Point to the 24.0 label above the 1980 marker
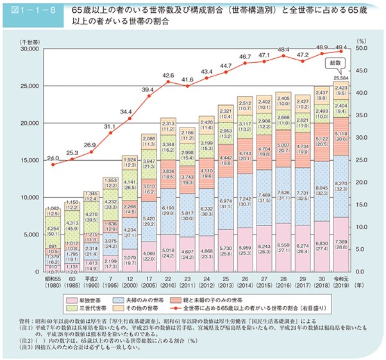point(54,158)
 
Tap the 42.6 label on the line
point(169,76)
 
